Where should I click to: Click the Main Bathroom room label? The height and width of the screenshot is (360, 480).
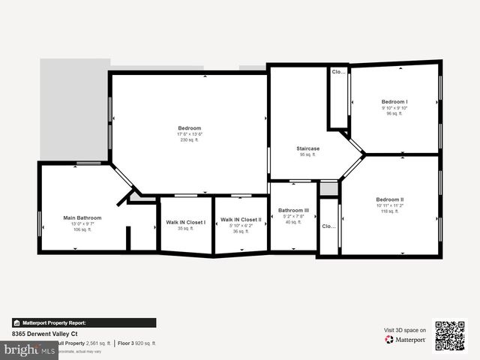(82, 217)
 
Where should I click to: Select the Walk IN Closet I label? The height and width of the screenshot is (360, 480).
(185, 222)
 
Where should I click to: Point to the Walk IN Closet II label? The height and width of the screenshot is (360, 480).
(241, 220)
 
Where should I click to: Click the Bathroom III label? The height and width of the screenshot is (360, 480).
(293, 210)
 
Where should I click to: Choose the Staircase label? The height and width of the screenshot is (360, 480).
(307, 148)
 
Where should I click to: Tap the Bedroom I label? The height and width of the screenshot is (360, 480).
(394, 101)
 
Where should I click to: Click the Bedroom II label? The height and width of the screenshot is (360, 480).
(390, 199)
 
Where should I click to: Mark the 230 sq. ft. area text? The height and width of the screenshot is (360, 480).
(189, 140)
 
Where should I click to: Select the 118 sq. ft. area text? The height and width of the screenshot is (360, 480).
(390, 211)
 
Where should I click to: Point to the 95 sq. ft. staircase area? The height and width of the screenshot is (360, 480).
(307, 154)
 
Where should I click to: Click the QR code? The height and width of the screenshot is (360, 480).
(450, 336)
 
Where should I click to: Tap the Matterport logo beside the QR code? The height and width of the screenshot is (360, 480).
(406, 340)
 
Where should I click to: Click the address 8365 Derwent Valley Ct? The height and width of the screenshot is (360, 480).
(44, 334)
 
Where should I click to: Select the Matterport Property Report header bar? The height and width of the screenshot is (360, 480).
(84, 322)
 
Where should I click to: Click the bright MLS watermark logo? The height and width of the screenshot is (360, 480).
(28, 349)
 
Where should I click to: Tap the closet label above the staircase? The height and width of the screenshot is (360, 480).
(338, 72)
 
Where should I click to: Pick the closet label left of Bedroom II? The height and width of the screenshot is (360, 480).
(328, 226)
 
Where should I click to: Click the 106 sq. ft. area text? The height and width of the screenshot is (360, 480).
(82, 229)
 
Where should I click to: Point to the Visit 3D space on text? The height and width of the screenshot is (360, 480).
(405, 330)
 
